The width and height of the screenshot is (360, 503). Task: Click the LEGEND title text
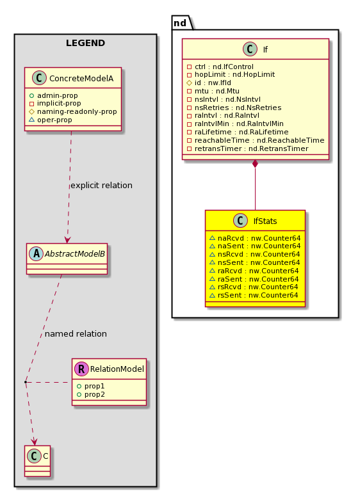pyautogui.click(x=85, y=43)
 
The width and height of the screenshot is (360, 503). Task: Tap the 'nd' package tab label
pyautogui.click(x=180, y=23)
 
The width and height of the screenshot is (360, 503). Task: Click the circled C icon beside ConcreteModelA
pyautogui.click(x=39, y=78)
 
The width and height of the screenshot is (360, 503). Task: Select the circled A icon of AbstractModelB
pyautogui.click(x=36, y=254)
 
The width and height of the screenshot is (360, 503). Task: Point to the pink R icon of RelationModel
pyautogui.click(x=81, y=369)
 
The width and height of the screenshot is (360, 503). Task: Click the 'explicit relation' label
pyautogui.click(x=101, y=186)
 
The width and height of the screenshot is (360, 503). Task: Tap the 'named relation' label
pyautogui.click(x=76, y=334)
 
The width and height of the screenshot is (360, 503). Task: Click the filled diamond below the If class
pyautogui.click(x=256, y=164)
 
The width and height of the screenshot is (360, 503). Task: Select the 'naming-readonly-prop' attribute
pyautogui.click(x=77, y=111)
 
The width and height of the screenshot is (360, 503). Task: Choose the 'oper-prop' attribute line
pyautogui.click(x=54, y=120)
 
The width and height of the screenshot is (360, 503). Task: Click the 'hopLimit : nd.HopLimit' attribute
pyautogui.click(x=234, y=74)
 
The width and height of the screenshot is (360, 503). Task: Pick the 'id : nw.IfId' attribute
pyautogui.click(x=213, y=83)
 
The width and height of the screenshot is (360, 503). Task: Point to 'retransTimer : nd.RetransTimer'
pyautogui.click(x=252, y=149)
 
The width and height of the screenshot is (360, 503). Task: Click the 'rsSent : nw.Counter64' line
pyautogui.click(x=258, y=295)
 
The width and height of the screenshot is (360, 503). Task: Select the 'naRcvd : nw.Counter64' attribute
pyautogui.click(x=259, y=238)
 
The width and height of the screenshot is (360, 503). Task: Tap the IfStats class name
pyautogui.click(x=265, y=221)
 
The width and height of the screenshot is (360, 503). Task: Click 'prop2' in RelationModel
pyautogui.click(x=95, y=395)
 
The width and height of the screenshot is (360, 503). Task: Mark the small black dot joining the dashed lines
pyautogui.click(x=26, y=382)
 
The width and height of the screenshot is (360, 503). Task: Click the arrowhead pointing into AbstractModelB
pyautogui.click(x=67, y=240)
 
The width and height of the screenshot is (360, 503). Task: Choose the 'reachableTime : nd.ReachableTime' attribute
pyautogui.click(x=259, y=141)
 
